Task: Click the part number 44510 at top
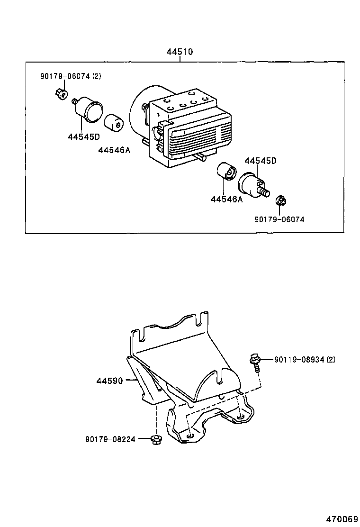(180, 52)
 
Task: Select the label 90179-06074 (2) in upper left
(70, 76)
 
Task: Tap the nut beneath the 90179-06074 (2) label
(61, 94)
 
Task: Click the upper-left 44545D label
(84, 137)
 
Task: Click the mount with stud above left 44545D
(88, 109)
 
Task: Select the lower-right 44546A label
(227, 199)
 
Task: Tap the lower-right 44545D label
(261, 161)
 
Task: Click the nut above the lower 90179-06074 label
(280, 201)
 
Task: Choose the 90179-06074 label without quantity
(279, 219)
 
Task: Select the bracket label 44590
(110, 380)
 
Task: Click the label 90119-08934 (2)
(305, 360)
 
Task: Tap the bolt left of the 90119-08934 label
(255, 362)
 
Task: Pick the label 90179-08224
(110, 439)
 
